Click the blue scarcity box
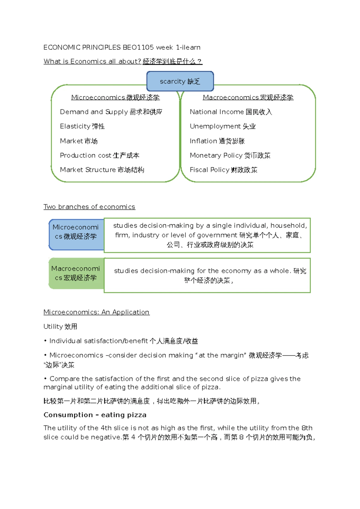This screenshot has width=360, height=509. coord(180,81)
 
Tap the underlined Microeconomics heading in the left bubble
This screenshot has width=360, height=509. coord(115,97)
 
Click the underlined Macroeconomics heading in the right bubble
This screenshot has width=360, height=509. coord(248,97)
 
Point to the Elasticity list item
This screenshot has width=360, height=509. coord(82,126)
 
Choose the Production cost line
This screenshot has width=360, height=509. coord(99,155)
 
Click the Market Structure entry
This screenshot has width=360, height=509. coord(102,170)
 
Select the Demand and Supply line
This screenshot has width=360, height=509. coord(111,112)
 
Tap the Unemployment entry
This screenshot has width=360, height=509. coord(223,126)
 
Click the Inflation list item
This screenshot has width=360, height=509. coord(217,141)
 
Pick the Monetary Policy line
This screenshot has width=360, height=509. coord(230,155)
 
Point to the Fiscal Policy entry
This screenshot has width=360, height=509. coord(223,170)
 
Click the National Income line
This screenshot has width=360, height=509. coord(231,112)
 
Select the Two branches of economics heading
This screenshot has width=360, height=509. coord(89,207)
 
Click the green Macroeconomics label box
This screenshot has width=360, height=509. coord(76,273)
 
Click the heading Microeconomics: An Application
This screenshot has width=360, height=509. coord(96,312)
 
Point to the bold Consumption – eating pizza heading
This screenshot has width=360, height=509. coord(95,415)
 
